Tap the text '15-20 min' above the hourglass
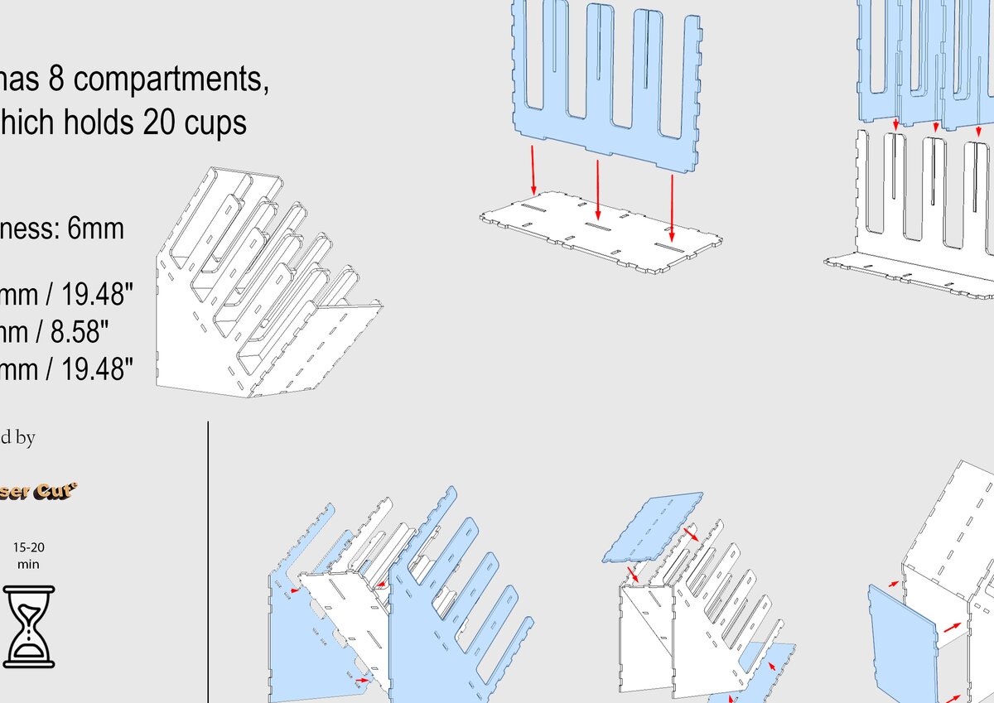coord(29,556)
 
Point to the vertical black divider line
coord(208,563)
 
